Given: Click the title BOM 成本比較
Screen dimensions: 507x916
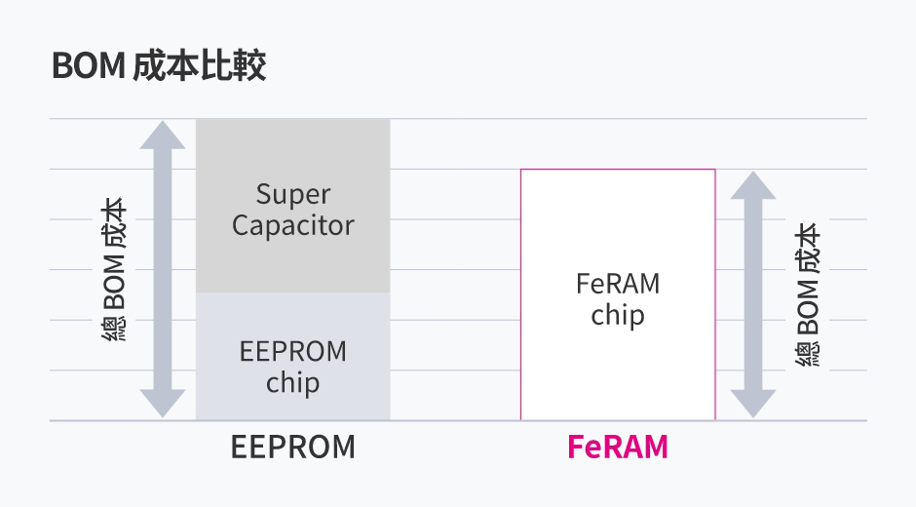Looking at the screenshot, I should coord(158,67).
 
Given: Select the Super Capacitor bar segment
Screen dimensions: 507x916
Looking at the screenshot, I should coord(292,206).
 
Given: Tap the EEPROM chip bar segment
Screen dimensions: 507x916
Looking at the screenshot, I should coord(292,357).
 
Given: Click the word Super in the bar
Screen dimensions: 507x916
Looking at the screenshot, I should coord(293,194).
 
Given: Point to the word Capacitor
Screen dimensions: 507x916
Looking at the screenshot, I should coord(293,225).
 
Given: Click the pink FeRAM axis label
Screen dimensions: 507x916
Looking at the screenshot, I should coord(618,448).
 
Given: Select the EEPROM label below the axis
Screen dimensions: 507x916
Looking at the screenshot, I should coord(293,448).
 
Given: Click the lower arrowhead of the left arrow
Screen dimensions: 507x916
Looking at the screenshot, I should coord(162,403).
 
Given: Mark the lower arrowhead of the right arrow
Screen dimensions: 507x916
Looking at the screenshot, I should coord(753,403).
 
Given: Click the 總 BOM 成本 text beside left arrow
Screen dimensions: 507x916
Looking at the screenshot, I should coord(114,269).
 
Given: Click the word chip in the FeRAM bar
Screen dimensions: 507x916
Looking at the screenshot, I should coord(618,316).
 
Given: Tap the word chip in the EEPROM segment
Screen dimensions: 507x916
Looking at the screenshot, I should coord(292,382).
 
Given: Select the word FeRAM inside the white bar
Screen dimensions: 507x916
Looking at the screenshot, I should coord(618,284).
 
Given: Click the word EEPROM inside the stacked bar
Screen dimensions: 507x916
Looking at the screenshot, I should coord(292,351).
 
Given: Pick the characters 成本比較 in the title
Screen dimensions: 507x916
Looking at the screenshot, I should coord(199,67).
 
